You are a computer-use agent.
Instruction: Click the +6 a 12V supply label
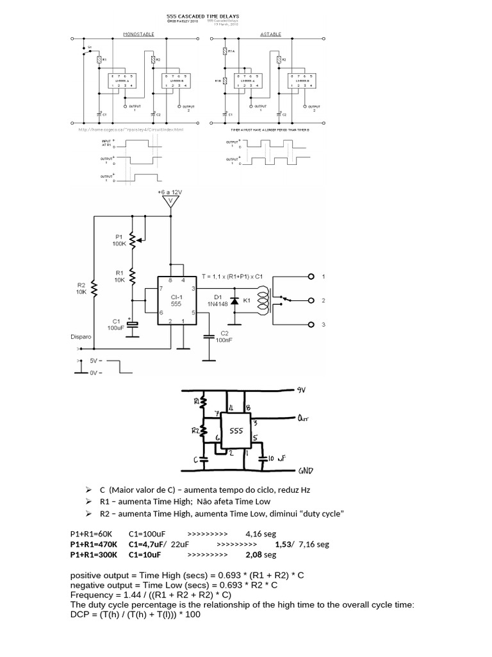170,192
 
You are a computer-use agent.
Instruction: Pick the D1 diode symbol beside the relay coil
234,300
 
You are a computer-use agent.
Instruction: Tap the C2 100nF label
229,337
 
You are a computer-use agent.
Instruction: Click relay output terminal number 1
311,277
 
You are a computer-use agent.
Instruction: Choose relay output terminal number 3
311,325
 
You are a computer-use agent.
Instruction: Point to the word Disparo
83,336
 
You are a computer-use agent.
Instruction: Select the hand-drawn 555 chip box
236,432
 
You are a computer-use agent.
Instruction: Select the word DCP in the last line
81,615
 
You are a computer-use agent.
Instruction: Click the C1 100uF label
117,324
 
